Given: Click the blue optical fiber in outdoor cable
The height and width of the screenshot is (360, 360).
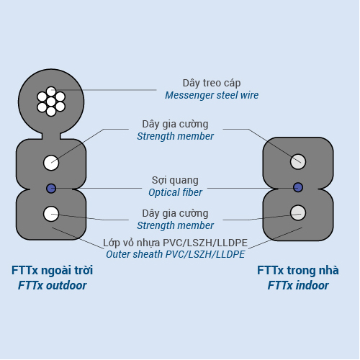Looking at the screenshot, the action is tap(51, 189).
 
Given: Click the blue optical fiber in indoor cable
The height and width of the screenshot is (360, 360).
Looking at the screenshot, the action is tap(298, 187).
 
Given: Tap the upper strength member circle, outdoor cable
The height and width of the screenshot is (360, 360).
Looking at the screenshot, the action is tap(51, 163).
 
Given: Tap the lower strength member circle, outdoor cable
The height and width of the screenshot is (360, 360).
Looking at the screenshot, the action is tap(51, 214).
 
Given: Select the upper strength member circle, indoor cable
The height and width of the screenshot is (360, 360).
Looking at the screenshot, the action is tap(298, 161).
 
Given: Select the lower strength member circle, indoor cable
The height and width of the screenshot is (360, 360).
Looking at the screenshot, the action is tap(298, 212).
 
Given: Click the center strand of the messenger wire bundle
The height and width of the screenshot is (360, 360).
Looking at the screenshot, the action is tap(51, 102).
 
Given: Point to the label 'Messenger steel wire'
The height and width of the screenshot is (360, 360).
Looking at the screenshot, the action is tap(212, 95).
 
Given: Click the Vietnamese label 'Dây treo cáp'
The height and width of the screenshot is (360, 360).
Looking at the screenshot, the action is tap(212, 83).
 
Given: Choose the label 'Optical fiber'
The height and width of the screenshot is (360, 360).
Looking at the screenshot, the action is tap(175, 192).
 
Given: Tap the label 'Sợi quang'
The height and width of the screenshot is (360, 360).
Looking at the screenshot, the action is tap(175, 180).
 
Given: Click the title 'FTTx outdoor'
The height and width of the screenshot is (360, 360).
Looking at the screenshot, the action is tap(52, 285).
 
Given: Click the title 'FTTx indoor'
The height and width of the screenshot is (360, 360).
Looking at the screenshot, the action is tap(298, 285).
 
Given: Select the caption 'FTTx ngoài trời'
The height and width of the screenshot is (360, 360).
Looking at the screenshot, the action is tap(52, 270).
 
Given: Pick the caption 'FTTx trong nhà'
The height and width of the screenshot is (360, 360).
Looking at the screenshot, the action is tap(298, 270).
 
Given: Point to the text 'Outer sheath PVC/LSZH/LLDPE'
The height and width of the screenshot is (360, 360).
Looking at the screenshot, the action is tap(176, 254).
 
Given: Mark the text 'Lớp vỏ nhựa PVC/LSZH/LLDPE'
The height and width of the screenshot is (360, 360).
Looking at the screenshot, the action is tap(175, 243).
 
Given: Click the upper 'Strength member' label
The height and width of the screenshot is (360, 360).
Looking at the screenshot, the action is tap(175, 136).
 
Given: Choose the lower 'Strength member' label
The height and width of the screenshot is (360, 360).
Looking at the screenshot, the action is tap(175, 225).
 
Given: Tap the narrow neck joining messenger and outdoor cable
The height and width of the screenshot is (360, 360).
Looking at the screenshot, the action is tap(51, 136).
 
